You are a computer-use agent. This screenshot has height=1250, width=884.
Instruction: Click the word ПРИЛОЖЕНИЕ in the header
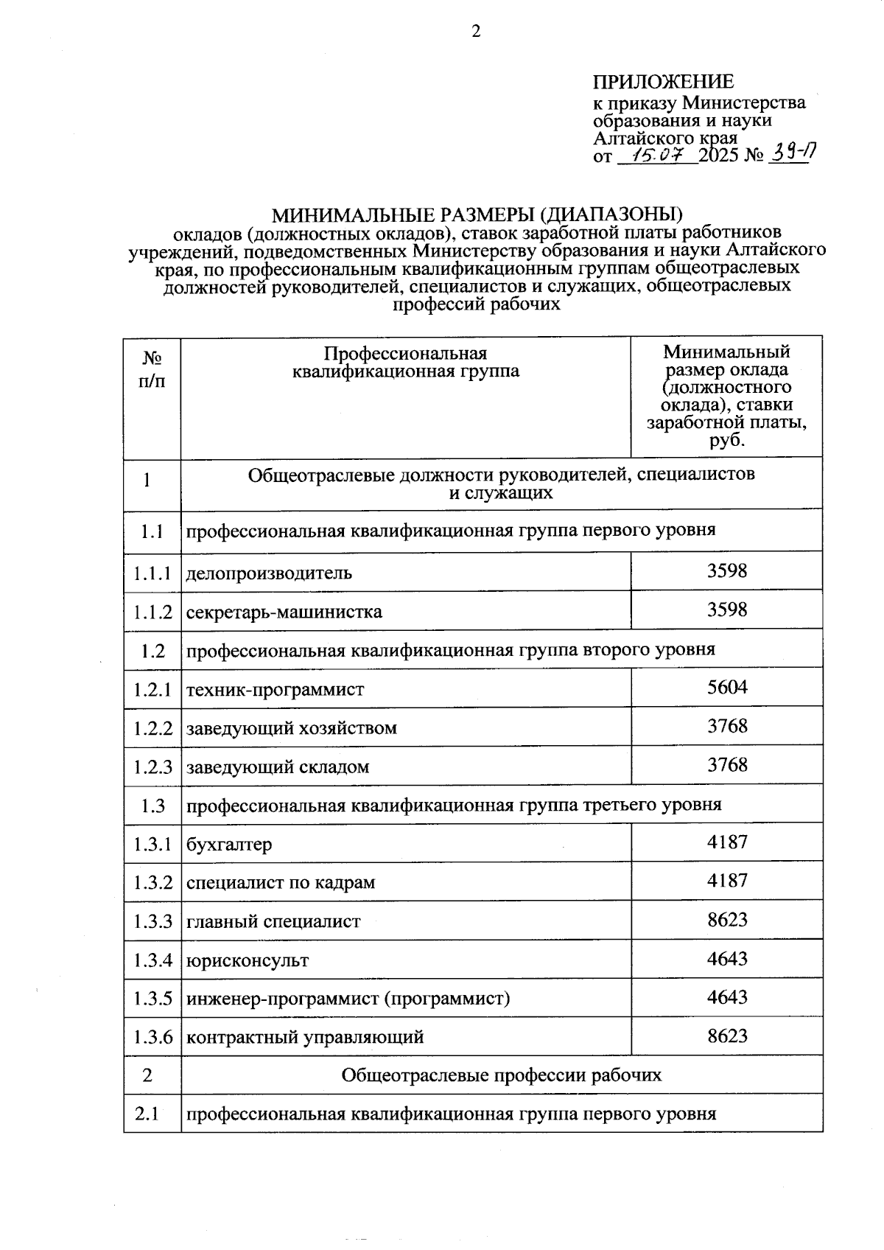tap(663, 82)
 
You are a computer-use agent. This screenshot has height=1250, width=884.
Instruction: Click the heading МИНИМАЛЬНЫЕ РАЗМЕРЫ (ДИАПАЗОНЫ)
tap(477, 215)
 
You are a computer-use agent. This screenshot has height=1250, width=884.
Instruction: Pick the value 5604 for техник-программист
tap(726, 688)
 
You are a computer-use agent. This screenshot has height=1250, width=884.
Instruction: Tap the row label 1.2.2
tap(152, 728)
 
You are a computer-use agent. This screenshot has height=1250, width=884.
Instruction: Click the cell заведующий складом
tap(278, 767)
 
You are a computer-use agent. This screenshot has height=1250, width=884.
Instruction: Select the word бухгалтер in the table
tap(229, 845)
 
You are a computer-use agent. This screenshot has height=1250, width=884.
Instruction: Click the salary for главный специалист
tap(726, 920)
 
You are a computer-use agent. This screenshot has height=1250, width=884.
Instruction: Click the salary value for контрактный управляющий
tap(726, 1036)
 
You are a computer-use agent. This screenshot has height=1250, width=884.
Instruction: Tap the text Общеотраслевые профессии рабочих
tap(501, 1075)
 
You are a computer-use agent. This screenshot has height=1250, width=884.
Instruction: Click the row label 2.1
tap(147, 1114)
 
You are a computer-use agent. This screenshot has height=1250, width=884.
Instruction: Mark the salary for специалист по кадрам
tap(726, 881)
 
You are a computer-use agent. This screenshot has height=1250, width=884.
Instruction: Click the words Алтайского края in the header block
tap(665, 138)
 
